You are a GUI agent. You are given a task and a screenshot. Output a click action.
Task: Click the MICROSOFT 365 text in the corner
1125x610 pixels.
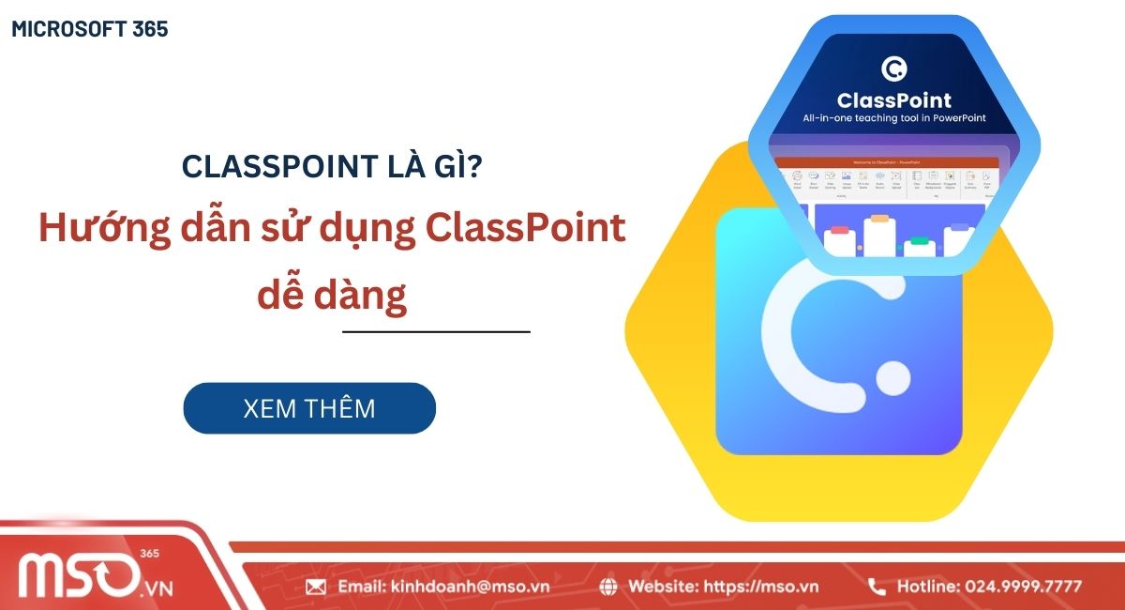[90, 29]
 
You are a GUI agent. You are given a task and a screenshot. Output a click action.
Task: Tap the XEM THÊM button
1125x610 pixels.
[309, 408]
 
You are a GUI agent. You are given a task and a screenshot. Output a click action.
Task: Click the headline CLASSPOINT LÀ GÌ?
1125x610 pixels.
[333, 167]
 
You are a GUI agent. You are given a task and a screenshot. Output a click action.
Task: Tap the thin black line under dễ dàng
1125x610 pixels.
[436, 331]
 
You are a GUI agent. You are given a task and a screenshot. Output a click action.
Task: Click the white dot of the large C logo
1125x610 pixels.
[892, 378]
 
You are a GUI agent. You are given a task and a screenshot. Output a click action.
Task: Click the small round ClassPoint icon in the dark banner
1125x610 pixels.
[894, 69]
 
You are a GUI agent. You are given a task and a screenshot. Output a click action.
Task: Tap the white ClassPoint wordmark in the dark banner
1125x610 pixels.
[894, 100]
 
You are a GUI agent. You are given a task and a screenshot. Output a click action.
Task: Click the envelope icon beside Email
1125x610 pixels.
[316, 587]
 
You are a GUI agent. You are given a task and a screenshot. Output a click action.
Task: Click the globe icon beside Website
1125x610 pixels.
[608, 587]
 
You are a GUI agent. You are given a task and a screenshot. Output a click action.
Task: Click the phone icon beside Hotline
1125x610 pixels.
[877, 587]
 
